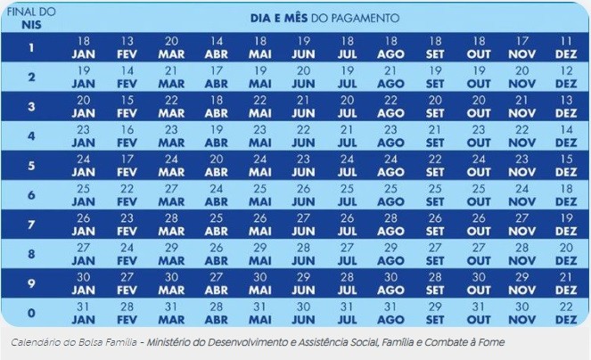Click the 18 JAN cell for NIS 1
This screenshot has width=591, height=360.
click(84, 47)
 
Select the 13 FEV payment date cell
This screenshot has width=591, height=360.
click(127, 47)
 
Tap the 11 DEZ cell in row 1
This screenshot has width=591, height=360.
click(566, 47)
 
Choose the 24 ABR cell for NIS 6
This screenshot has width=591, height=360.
click(215, 194)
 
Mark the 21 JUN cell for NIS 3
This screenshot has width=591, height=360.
click(303, 106)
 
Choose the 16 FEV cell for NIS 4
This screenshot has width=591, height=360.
click(127, 135)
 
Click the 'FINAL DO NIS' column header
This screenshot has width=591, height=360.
click(31, 18)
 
